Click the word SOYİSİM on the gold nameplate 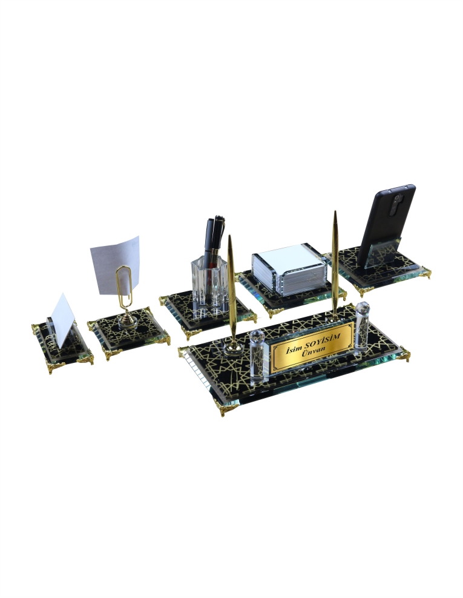pos(319,342)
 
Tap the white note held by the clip pos(115,265)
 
